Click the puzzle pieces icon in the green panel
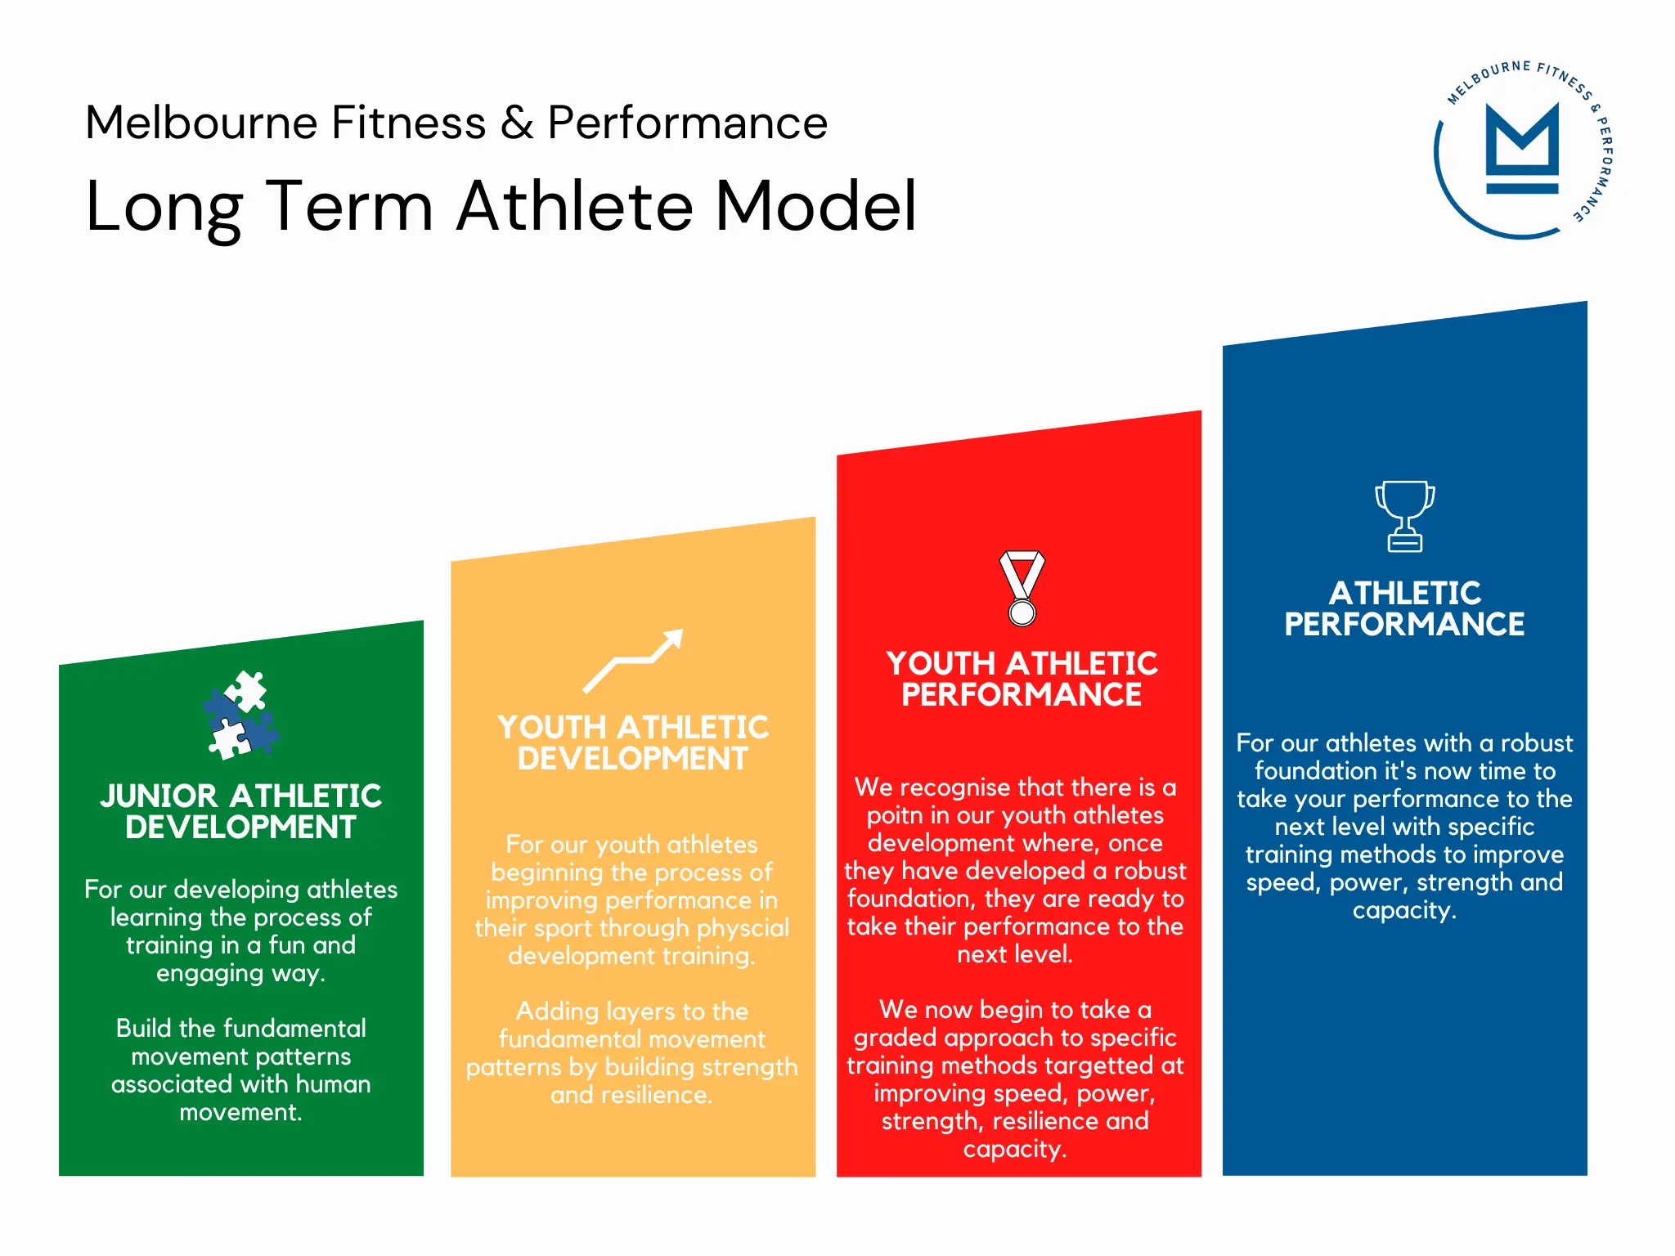[240, 715]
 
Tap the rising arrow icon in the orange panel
[633, 661]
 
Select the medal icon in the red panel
[1022, 588]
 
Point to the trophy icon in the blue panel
[1404, 516]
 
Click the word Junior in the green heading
[159, 796]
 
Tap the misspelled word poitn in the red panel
[894, 815]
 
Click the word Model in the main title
[815, 206]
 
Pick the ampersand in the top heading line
[517, 123]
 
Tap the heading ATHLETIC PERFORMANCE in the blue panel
[1404, 608]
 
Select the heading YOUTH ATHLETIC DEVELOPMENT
[633, 742]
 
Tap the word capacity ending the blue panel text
[1403, 911]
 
